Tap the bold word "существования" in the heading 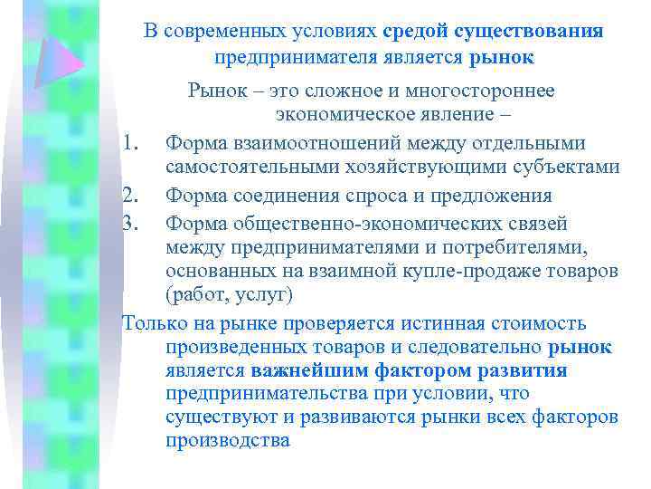tap(529, 32)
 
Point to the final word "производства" tap(228, 441)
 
